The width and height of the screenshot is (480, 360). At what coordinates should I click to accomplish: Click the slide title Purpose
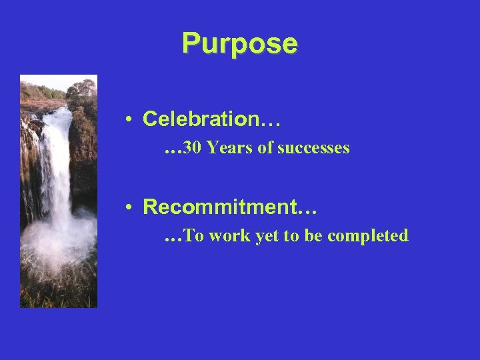pos(239,44)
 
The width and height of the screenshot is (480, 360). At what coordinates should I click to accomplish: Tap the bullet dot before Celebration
pos(127,120)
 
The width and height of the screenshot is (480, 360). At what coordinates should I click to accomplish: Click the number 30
pos(193,148)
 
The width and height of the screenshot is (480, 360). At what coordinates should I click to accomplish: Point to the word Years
pos(230,148)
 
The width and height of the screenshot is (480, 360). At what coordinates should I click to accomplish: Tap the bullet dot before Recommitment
pos(127,208)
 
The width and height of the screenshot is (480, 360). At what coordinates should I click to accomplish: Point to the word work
pos(229,236)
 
